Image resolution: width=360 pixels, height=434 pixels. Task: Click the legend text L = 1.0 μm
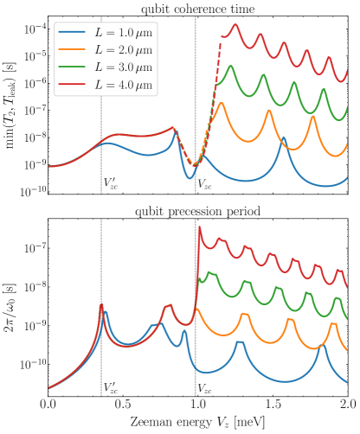[x=123, y=32]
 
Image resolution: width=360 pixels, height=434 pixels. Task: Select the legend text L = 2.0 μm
[x=123, y=49]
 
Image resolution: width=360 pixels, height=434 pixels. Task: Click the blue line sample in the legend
[x=72, y=32]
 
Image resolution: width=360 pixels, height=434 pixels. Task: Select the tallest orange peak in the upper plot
[x=221, y=103]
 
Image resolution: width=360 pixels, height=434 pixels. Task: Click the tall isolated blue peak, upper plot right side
[x=284, y=137]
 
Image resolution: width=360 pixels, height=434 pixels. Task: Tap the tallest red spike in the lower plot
[x=200, y=228]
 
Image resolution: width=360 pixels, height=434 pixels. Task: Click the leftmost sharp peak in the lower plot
[x=102, y=304]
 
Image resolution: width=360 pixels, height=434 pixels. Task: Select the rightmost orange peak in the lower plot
[x=334, y=323]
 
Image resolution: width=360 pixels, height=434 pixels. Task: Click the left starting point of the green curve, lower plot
[x=200, y=281]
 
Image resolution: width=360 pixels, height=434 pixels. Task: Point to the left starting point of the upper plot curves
[x=49, y=166]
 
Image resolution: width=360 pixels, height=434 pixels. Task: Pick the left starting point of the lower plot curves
[x=49, y=388]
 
